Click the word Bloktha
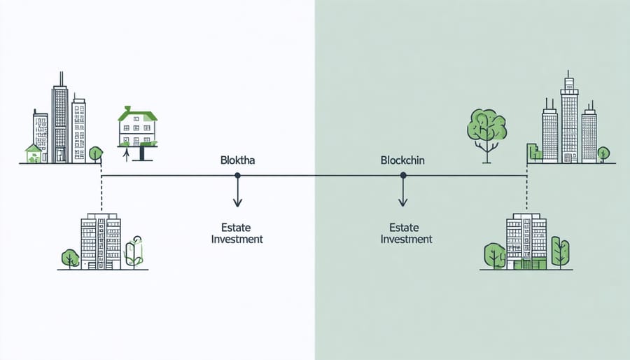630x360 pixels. click(237, 160)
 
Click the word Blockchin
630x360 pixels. click(403, 160)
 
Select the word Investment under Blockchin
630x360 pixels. click(406, 239)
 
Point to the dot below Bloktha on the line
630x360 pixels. click(237, 176)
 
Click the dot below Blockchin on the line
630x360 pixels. click(402, 176)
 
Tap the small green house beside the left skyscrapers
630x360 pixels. click(32, 153)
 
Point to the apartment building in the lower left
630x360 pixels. click(100, 242)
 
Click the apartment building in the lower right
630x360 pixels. click(526, 241)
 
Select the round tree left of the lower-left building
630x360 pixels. click(70, 257)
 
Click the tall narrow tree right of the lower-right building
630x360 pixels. click(561, 251)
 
